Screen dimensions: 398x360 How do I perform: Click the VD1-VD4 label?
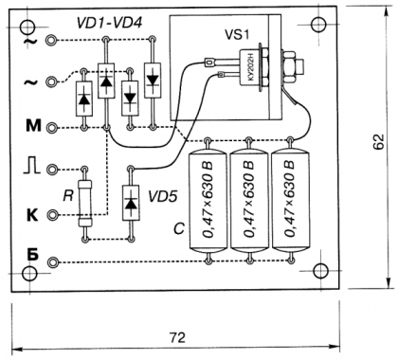click(109, 23)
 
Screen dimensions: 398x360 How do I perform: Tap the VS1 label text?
click(237, 34)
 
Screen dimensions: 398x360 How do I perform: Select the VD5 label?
click(163, 197)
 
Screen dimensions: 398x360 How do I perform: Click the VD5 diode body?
click(131, 203)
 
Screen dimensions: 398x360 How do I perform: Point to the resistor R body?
click(85, 204)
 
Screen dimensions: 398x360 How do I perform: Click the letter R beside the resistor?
click(68, 196)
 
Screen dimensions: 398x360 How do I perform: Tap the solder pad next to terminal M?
click(51, 128)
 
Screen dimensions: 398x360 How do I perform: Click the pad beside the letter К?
click(51, 215)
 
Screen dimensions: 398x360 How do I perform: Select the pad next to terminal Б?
click(51, 261)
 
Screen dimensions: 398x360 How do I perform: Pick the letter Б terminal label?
click(32, 256)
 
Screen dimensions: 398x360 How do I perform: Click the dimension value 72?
click(177, 337)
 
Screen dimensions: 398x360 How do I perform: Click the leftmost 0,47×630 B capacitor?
click(208, 201)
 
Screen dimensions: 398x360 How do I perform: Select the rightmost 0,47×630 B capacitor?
click(290, 201)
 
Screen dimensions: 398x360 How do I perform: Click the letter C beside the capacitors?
click(179, 229)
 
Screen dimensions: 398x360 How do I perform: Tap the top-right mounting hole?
click(318, 25)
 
